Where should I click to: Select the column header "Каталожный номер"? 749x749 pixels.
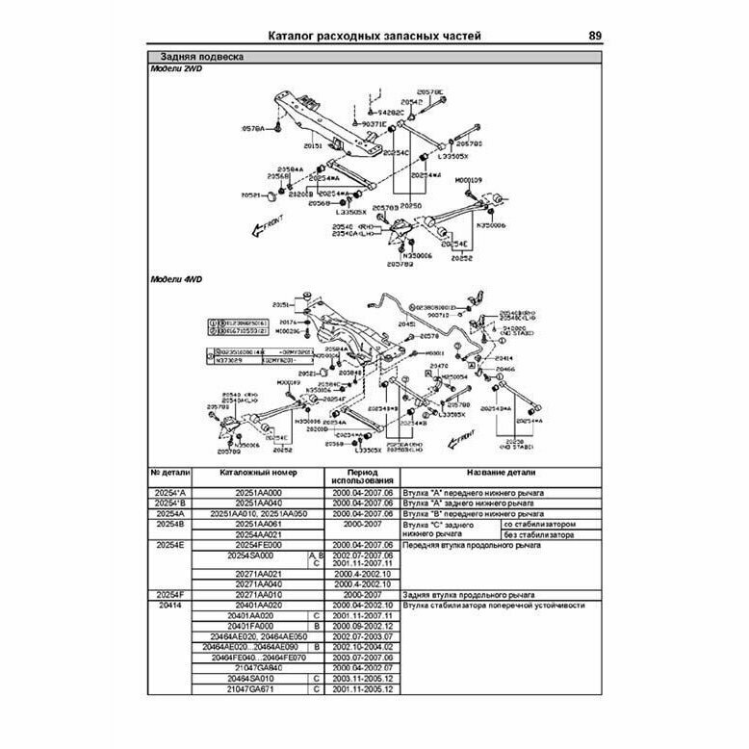click(x=259, y=475)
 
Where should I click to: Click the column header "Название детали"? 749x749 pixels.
click(x=501, y=475)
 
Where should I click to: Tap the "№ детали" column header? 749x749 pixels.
click(x=171, y=475)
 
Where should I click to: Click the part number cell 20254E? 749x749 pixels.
click(x=171, y=545)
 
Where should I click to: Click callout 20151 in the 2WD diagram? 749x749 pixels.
click(x=314, y=145)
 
